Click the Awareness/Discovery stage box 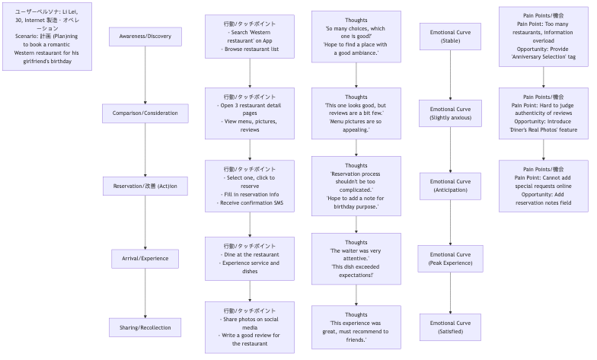pos(145,37)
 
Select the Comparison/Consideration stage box pos(145,113)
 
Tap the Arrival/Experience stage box pos(145,259)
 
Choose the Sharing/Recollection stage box pos(145,327)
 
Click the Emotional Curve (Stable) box pos(450,37)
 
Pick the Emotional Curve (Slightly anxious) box pos(450,113)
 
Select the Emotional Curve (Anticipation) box pos(450,186)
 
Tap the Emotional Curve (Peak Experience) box pos(450,259)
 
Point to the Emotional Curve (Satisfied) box pos(450,327)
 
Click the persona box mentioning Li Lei pos(47,37)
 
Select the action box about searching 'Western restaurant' pos(250,37)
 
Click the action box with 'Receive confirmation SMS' pos(250,186)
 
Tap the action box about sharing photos pos(250,327)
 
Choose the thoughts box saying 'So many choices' pos(356,37)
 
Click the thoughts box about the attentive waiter pos(356,259)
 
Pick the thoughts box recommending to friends pos(356,327)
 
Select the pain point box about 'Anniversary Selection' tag pos(543,37)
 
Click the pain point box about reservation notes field pos(543,186)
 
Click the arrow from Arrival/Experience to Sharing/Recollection pos(145,293)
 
